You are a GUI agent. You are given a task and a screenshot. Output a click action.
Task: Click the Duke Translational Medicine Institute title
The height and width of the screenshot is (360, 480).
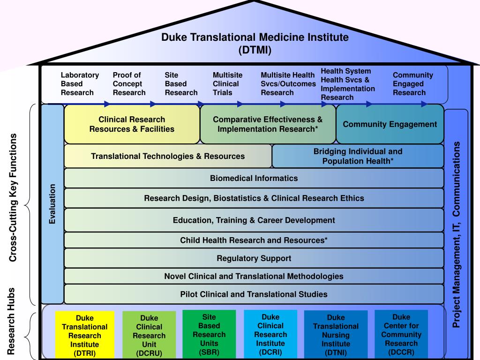pos(255,44)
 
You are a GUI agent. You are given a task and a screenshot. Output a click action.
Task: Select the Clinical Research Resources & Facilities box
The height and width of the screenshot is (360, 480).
pos(132,124)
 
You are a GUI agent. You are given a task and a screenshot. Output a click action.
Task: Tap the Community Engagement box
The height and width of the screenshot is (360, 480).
pos(390,124)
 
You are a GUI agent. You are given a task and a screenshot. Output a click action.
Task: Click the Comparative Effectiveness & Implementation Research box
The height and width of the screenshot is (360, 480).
pos(268,124)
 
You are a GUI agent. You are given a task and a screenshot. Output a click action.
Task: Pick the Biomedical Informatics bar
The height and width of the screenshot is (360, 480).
pos(254,178)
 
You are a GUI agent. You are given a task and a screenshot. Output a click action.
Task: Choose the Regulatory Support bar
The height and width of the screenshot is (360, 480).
pos(254,258)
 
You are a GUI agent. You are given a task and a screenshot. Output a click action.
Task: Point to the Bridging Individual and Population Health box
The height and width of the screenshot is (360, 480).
pos(358,156)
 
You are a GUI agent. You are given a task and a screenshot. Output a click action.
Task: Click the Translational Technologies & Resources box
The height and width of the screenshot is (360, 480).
pos(168,156)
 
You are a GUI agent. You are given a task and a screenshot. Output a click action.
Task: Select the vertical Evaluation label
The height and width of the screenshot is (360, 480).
pos(52,204)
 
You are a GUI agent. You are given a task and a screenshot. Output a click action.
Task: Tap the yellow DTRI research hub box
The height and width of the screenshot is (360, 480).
pos(85,335)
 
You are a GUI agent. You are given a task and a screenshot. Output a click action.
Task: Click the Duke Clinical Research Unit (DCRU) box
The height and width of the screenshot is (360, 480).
pos(149,335)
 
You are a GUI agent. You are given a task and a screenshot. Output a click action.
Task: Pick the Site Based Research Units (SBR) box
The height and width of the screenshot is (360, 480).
pos(209,334)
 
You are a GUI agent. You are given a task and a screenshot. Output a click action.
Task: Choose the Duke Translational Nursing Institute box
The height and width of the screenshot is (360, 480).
pos(336,335)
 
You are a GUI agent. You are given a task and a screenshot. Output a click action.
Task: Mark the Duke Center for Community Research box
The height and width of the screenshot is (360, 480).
pos(401,334)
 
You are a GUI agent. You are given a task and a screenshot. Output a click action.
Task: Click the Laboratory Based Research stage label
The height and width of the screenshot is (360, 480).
pos(80,84)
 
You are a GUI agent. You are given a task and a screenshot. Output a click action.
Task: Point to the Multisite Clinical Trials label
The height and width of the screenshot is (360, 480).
pos(227,84)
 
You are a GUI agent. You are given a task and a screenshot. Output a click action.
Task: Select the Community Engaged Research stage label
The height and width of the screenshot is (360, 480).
pos(413,84)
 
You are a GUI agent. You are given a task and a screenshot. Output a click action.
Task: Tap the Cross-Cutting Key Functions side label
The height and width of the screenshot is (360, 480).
pos(13,198)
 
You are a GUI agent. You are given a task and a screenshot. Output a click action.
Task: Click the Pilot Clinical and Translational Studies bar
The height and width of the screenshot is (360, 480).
pos(254,294)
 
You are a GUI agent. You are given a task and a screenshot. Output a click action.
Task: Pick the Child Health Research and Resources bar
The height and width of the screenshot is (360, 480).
pos(254,240)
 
